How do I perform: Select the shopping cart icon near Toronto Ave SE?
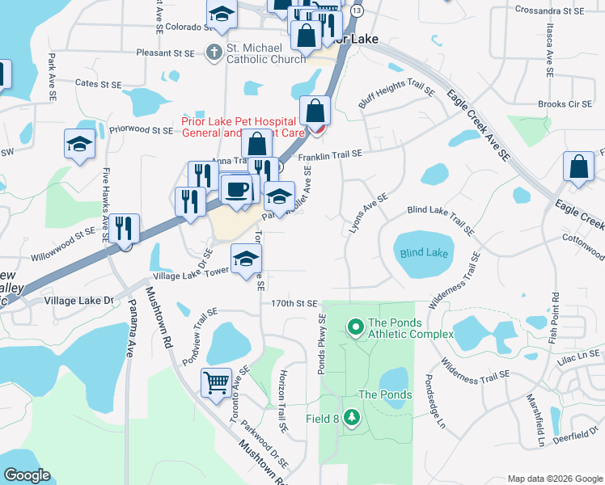216,382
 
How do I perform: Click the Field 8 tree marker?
352,417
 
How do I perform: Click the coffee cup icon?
237,188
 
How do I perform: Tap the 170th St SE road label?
294,304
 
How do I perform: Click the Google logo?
27,474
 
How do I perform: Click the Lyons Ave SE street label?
368,213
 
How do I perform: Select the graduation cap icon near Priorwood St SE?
79,143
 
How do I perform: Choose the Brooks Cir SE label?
565,104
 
